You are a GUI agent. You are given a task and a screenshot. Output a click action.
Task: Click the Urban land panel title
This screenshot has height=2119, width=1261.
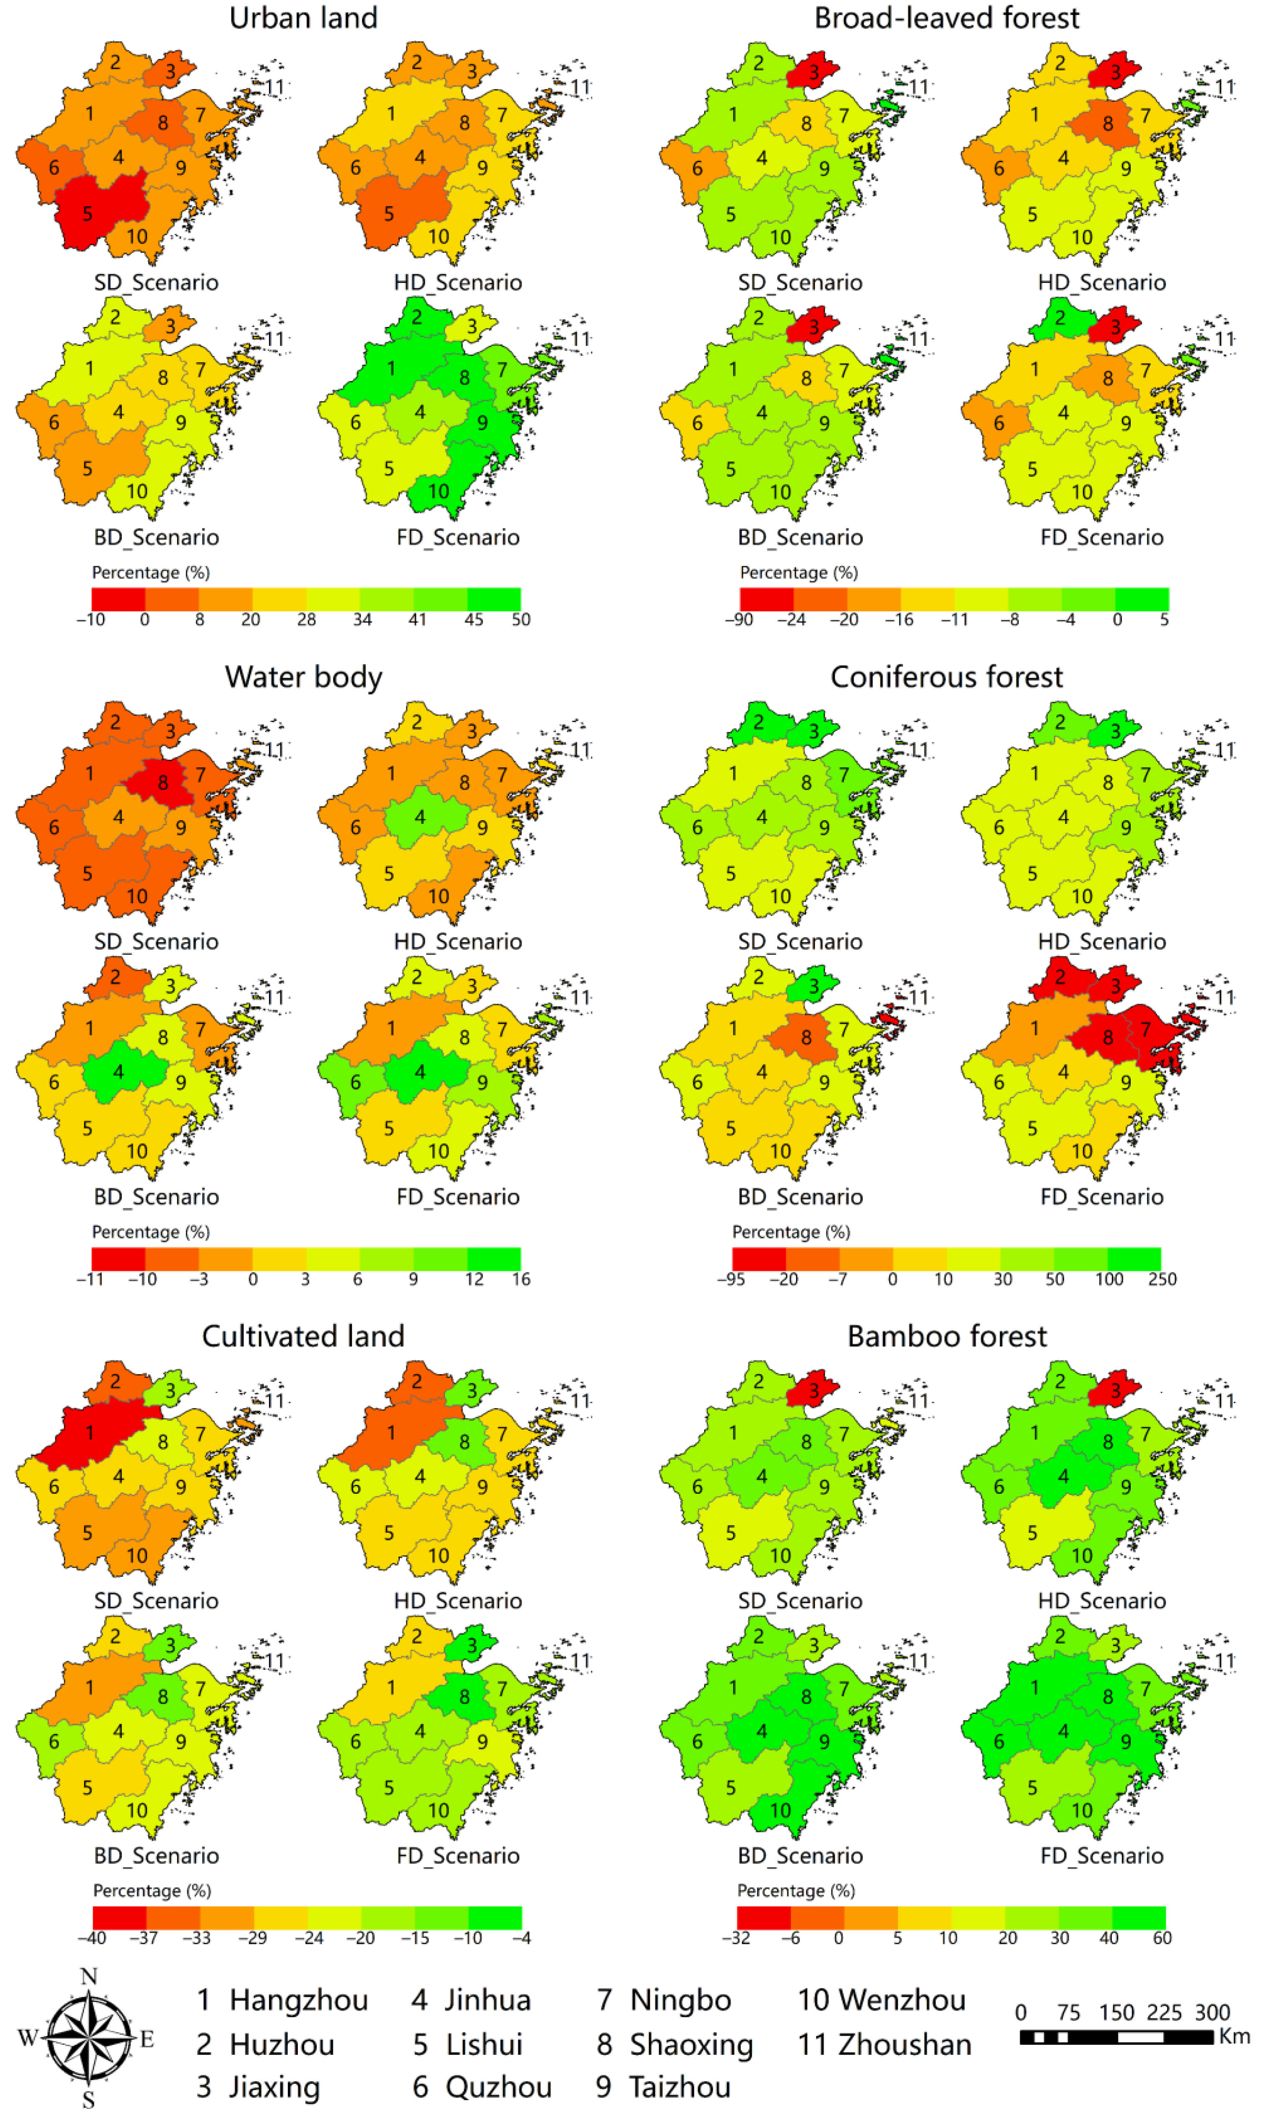(x=303, y=18)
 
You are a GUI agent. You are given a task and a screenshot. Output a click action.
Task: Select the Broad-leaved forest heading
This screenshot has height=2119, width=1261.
(x=947, y=18)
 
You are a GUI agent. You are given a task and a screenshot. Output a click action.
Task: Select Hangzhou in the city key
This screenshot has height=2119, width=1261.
(x=298, y=2000)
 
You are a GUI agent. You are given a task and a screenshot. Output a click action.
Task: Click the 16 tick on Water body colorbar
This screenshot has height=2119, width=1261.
(x=521, y=1278)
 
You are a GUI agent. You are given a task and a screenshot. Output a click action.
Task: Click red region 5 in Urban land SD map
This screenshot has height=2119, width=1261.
(x=98, y=208)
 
